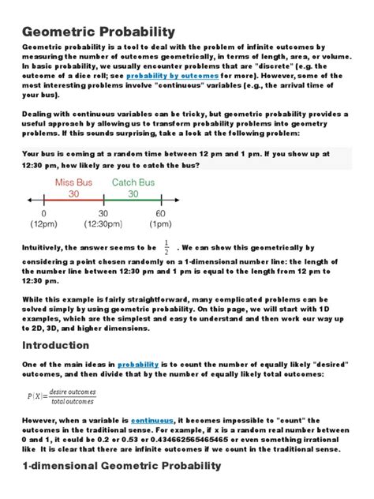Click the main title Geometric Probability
(94, 31)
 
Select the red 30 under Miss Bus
(73, 193)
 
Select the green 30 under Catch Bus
(133, 193)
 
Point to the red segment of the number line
(73, 202)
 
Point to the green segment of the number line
(133, 202)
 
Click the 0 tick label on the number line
(43, 214)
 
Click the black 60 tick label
(161, 214)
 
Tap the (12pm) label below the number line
(43, 226)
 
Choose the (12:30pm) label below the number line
(102, 226)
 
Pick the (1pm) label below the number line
(161, 226)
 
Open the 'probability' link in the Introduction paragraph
(139, 365)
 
